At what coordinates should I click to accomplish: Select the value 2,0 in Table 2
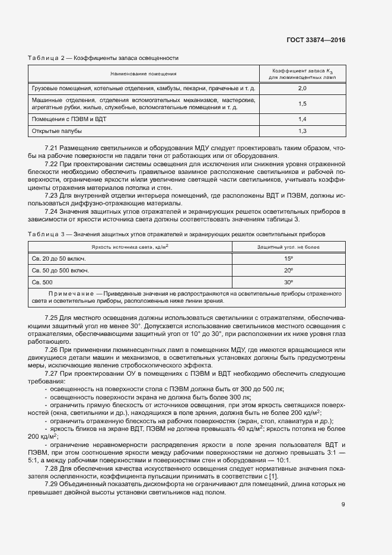coord(301,88)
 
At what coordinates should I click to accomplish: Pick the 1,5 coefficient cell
coord(301,103)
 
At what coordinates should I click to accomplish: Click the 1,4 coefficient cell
coord(301,119)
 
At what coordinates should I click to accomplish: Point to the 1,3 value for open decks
coord(301,131)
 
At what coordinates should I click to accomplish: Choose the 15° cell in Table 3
coord(288,258)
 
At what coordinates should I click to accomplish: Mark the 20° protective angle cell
coord(288,270)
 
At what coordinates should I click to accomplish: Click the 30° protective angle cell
coord(288,282)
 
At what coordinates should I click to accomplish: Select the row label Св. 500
coord(42,282)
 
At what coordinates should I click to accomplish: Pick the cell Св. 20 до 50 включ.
coord(59,258)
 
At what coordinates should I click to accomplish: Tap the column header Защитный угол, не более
coord(288,246)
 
